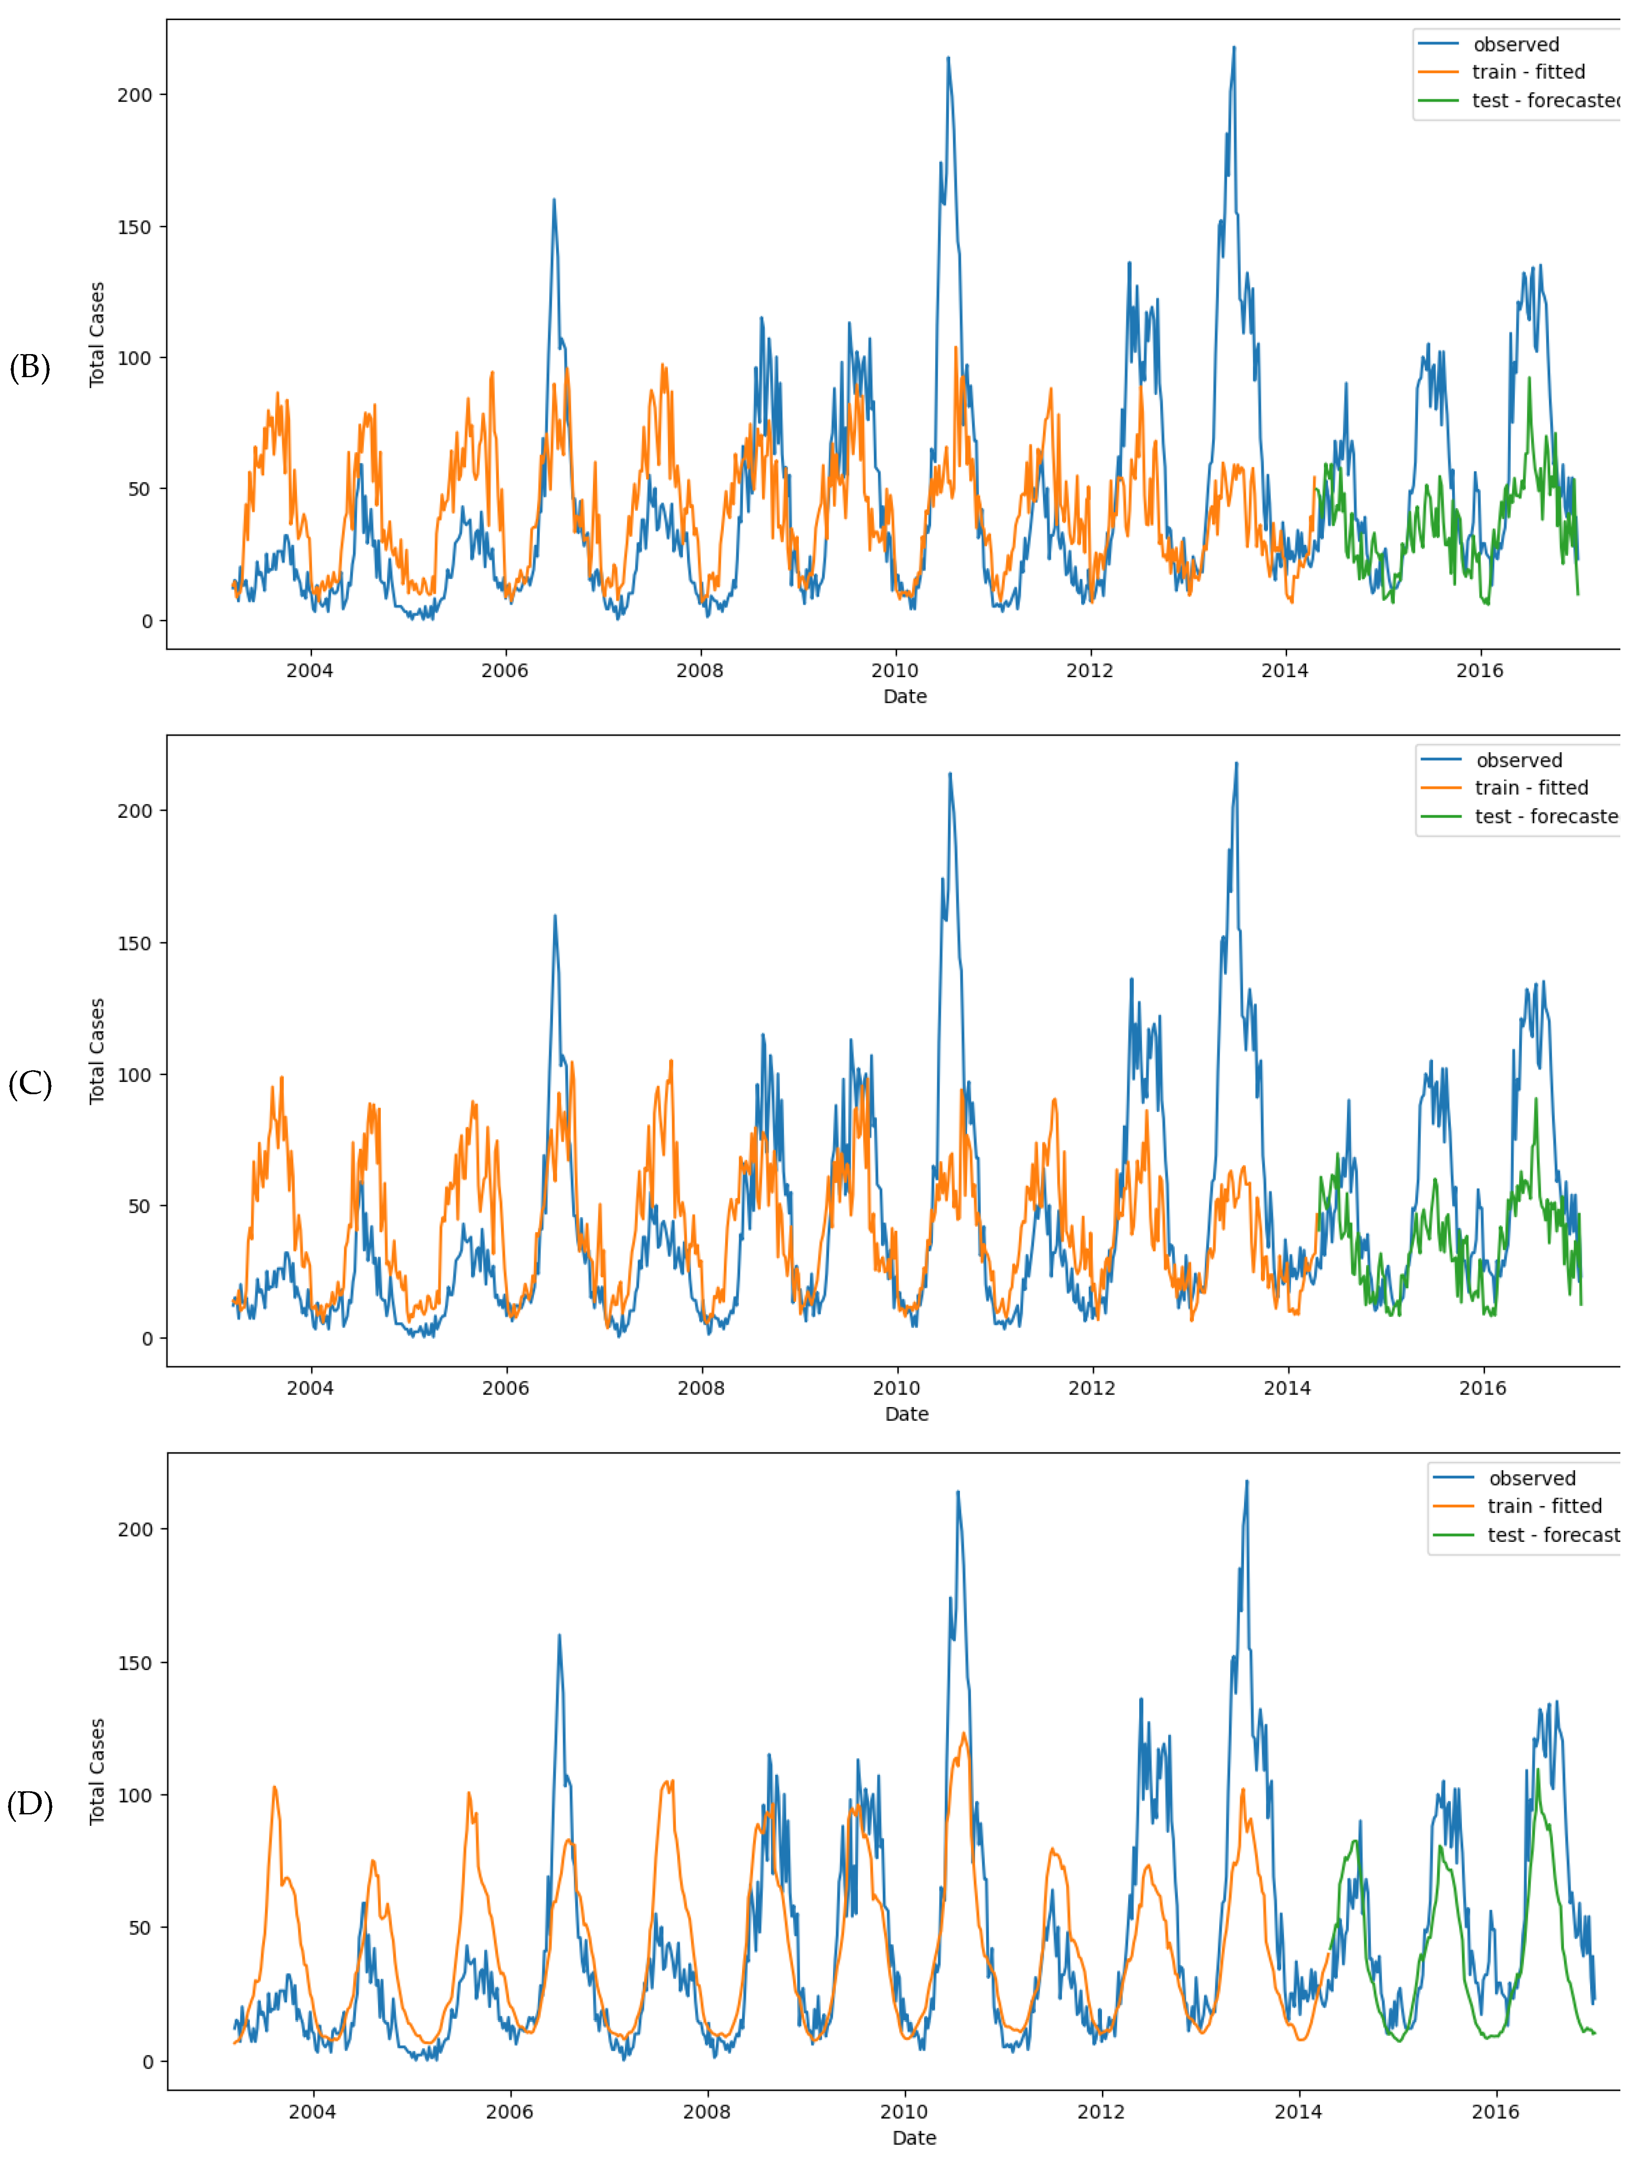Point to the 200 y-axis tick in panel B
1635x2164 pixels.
point(135,95)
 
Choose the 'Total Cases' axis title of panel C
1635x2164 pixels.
point(97,1052)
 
